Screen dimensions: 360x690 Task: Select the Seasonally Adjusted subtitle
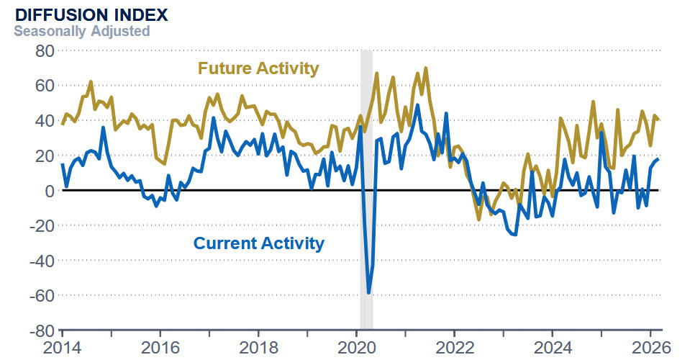82,31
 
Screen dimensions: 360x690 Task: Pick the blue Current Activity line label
258,243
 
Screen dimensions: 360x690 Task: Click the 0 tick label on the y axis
49,190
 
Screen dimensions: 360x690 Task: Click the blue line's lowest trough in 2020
369,292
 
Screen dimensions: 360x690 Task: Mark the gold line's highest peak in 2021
425,68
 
